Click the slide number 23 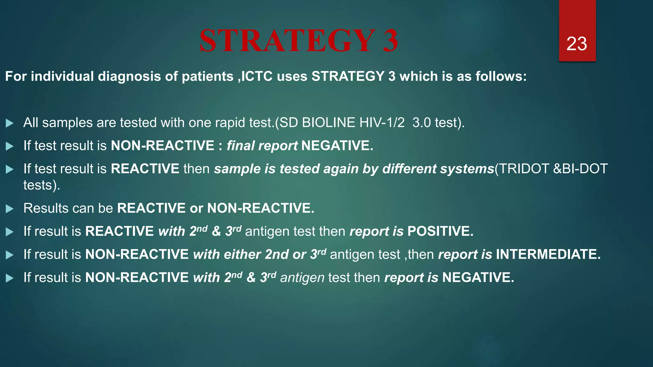coord(576,44)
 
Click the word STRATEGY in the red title coord(287,41)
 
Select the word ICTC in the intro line coord(257,76)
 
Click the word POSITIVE coord(440,231)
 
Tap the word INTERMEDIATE coord(548,255)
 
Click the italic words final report coord(262,146)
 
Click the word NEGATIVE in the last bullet coord(478,277)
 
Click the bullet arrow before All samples coord(10,123)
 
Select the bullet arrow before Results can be coord(10,209)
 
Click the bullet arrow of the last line coord(10,278)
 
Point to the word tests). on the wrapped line coord(42,185)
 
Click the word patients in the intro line coord(208,76)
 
